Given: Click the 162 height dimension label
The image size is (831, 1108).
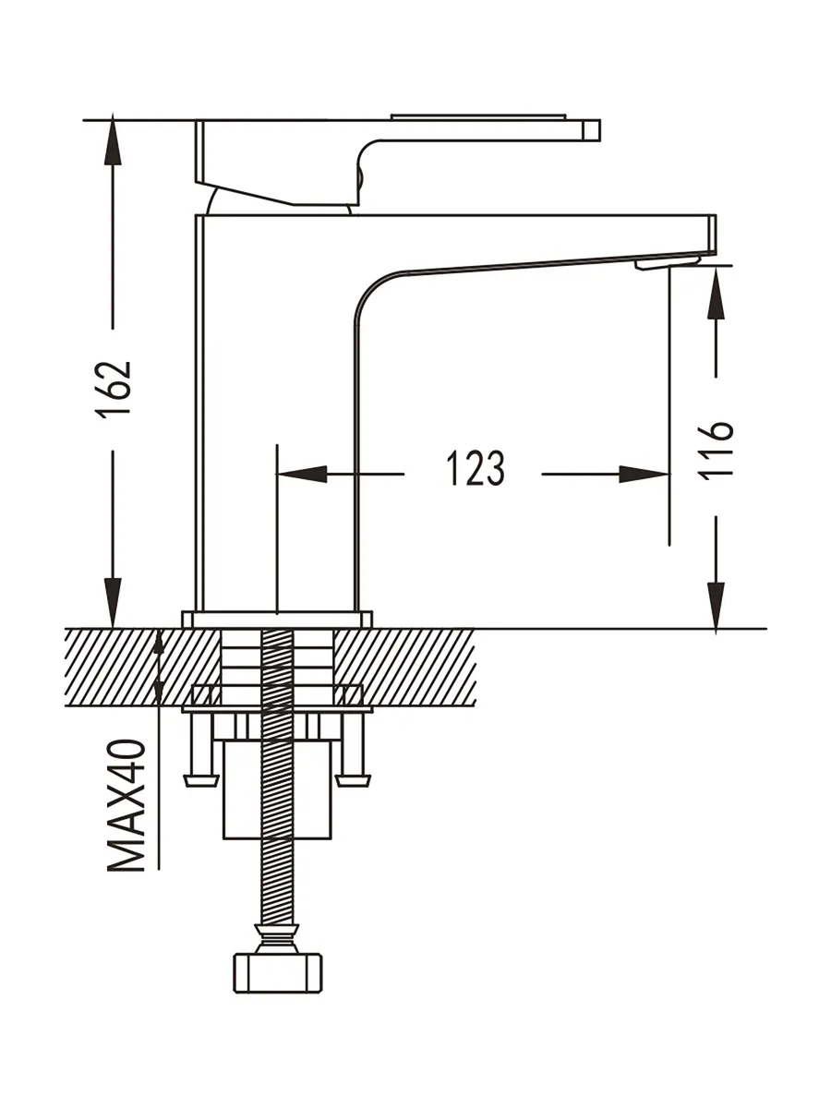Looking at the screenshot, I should (x=117, y=389).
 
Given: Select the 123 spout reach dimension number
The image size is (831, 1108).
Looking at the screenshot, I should (x=476, y=469).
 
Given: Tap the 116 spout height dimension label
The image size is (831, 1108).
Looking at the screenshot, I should (x=717, y=450).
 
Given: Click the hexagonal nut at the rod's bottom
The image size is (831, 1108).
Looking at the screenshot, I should (x=277, y=971).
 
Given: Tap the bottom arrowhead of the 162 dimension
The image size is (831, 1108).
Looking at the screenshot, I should (x=113, y=605).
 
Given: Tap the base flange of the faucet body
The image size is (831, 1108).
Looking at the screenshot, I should (x=277, y=620).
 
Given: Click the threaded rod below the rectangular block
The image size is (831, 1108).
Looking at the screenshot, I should (x=277, y=877).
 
